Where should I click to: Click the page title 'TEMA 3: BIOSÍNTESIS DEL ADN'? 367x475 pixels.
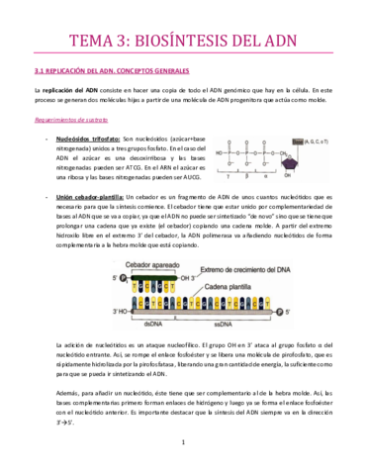[183, 41]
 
